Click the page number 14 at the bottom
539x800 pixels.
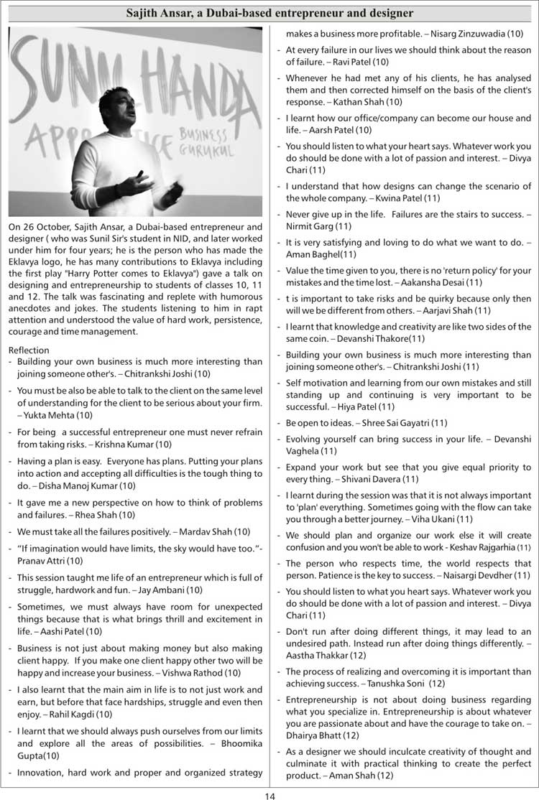269,795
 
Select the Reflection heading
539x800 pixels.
29,349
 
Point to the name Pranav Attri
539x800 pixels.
35,560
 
